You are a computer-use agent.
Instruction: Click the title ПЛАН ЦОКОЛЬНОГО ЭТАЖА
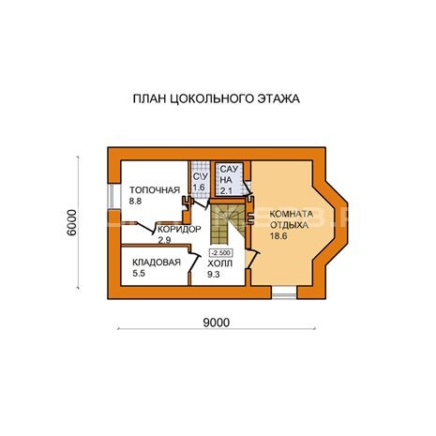pyautogui.click(x=217, y=98)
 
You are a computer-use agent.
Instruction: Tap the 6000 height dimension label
pyautogui.click(x=71, y=222)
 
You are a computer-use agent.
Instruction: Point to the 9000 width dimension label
pyautogui.click(x=217, y=323)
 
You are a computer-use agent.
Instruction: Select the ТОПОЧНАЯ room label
pyautogui.click(x=155, y=190)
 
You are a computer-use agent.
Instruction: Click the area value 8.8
pyautogui.click(x=135, y=202)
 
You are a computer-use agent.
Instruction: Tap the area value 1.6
pyautogui.click(x=199, y=188)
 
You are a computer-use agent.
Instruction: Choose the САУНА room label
pyautogui.click(x=229, y=174)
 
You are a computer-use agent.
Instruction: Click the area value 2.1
pyautogui.click(x=226, y=190)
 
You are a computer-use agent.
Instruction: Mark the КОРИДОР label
pyautogui.click(x=179, y=229)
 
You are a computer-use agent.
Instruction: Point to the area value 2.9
pyautogui.click(x=164, y=240)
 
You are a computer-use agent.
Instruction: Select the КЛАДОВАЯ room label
pyautogui.click(x=157, y=263)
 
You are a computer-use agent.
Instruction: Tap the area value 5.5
pyautogui.click(x=139, y=274)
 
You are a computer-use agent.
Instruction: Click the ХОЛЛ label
pyautogui.click(x=220, y=263)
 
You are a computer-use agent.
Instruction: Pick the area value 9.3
pyautogui.click(x=214, y=275)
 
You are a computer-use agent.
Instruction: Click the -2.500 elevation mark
pyautogui.click(x=221, y=252)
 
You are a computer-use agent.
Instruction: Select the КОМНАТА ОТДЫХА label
pyautogui.click(x=291, y=219)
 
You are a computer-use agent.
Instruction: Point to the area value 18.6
pyautogui.click(x=278, y=236)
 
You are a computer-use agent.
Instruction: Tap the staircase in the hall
pyautogui.click(x=228, y=224)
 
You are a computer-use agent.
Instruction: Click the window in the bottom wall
pyautogui.click(x=284, y=293)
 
